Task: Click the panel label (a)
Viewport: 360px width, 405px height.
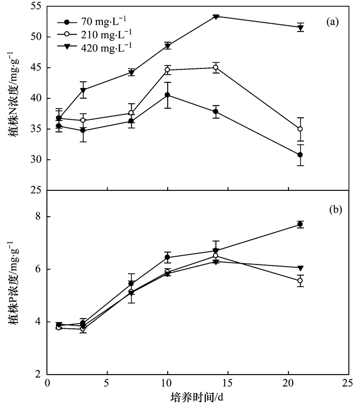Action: point(332,22)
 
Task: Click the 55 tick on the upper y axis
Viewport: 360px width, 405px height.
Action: point(35,7)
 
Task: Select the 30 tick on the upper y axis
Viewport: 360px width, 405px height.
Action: point(35,160)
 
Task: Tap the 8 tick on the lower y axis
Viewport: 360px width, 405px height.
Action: point(39,217)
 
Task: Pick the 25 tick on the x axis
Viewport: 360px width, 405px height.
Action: point(347,384)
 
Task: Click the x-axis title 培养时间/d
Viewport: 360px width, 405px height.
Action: point(196,398)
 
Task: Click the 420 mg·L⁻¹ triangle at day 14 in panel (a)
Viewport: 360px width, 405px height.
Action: point(215,16)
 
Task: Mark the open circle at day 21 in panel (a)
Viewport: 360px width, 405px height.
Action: point(300,129)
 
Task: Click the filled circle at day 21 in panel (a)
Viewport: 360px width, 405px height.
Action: point(300,155)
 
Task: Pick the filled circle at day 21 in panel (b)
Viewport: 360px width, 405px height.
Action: point(300,224)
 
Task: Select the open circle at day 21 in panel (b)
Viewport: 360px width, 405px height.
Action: point(300,280)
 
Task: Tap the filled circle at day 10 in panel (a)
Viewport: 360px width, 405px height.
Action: point(167,95)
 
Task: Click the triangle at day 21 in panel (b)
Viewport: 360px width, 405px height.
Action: point(300,268)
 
